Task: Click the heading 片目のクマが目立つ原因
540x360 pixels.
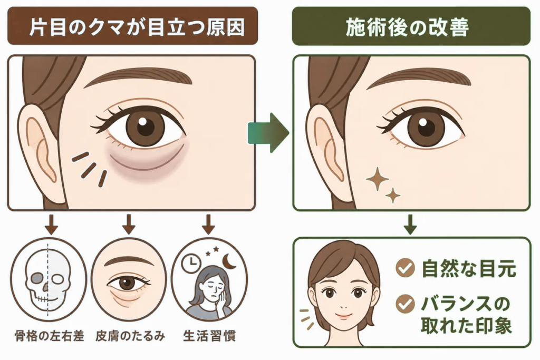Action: click(137, 27)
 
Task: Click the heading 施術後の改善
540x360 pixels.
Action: click(407, 27)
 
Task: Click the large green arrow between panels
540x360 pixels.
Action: click(268, 133)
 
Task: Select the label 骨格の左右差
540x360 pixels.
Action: click(50, 336)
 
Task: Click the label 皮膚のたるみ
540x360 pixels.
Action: click(130, 336)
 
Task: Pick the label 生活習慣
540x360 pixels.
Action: click(209, 336)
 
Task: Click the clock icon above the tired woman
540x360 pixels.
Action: click(191, 264)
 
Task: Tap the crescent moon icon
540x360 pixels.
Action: click(229, 261)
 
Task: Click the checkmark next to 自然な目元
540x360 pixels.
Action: click(405, 268)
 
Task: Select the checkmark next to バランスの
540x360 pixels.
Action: click(405, 304)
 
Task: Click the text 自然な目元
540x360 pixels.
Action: click(469, 268)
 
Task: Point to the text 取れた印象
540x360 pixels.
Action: click(466, 324)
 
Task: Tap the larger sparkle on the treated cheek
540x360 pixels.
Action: click(377, 179)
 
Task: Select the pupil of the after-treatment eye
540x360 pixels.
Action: click(426, 128)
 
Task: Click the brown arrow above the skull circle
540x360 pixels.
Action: click(52, 224)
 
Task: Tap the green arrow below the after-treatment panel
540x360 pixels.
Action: click(410, 225)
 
